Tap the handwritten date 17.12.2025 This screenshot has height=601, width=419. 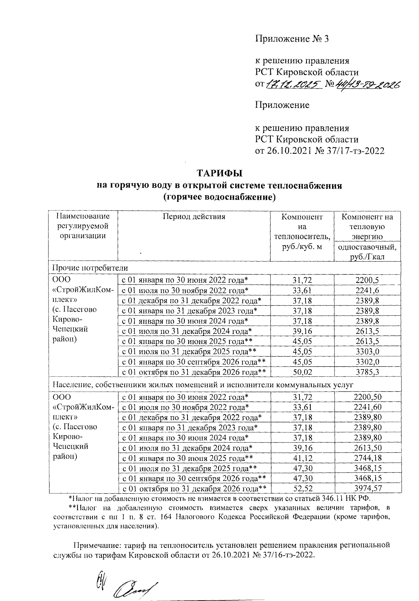click(x=293, y=84)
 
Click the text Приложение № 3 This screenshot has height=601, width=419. click(x=292, y=39)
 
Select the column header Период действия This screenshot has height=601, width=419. click(x=194, y=217)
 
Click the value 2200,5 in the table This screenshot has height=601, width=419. click(x=367, y=280)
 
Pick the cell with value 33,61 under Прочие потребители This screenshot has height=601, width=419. click(x=302, y=290)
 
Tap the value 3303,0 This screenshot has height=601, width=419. click(x=367, y=352)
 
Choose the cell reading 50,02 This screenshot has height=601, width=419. click(x=302, y=372)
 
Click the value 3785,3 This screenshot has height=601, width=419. click(x=367, y=372)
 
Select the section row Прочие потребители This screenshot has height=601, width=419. click(x=90, y=268)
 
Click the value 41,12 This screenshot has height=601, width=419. click(x=302, y=458)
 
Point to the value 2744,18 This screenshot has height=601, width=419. click(x=367, y=458)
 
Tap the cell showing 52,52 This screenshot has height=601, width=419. click(x=302, y=489)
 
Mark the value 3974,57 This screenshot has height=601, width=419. click(x=367, y=489)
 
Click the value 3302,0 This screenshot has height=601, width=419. click(x=367, y=362)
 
